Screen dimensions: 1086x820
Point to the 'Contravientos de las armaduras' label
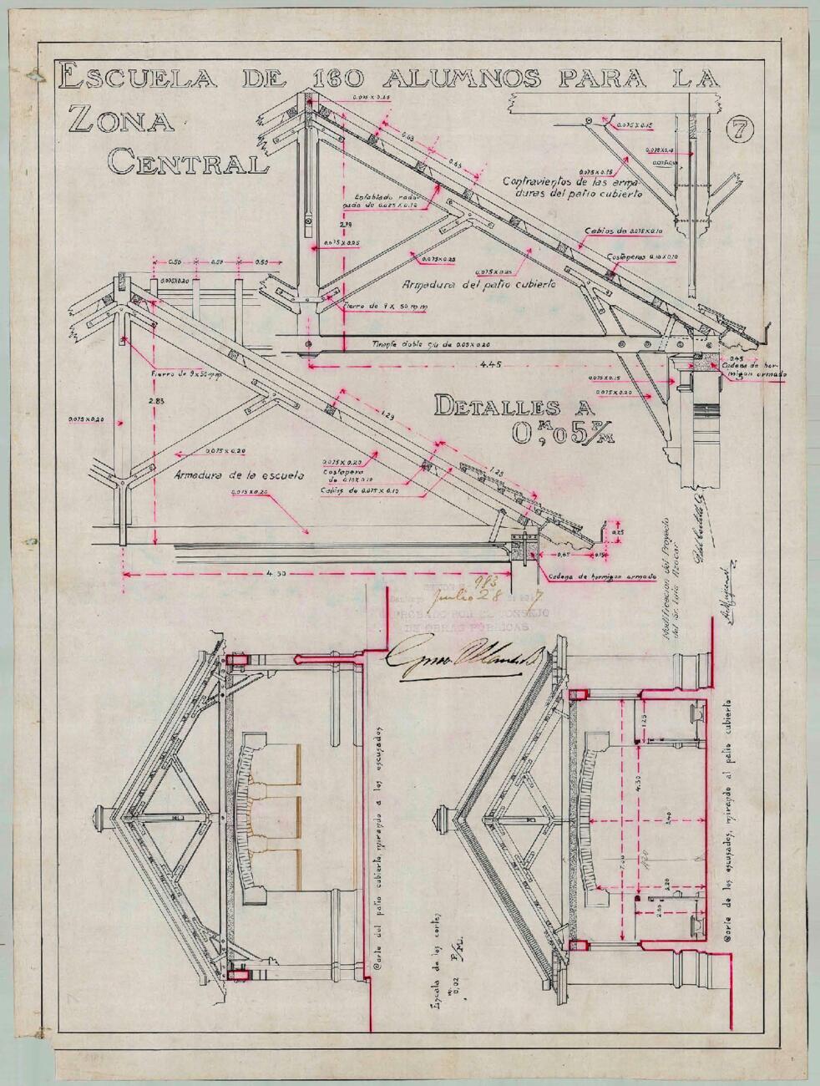(x=573, y=186)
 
